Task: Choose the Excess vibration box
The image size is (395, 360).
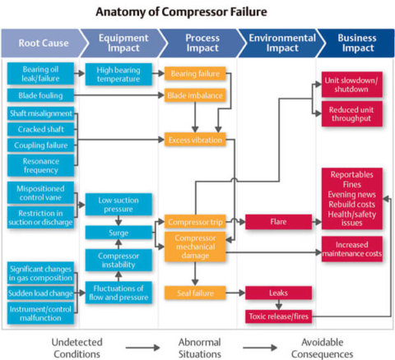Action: (195, 140)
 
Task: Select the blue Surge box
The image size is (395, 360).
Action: (118, 233)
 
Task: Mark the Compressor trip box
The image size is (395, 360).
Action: (194, 221)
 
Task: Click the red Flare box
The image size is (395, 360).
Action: (278, 221)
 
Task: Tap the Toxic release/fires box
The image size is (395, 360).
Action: (278, 316)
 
